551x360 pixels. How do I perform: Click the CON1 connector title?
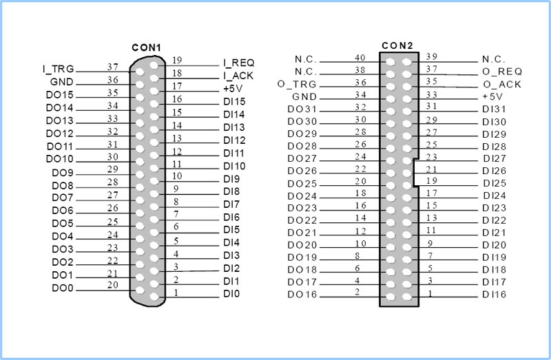(146, 47)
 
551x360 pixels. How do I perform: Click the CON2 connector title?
(397, 45)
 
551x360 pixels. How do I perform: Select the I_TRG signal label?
(59, 70)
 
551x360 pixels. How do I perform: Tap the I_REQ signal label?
(239, 63)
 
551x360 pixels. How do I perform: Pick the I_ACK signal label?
(238, 76)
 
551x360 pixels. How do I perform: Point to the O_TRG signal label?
(297, 85)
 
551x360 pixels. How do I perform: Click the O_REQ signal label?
(502, 72)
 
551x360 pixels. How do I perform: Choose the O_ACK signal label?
(502, 85)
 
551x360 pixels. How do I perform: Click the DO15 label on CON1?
(60, 95)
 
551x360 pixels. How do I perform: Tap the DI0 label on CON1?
(231, 294)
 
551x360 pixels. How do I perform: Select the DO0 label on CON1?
(63, 288)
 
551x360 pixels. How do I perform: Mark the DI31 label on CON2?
(494, 109)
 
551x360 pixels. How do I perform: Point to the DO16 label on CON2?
(302, 295)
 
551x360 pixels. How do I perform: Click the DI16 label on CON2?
(494, 295)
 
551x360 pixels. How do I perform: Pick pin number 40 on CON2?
(360, 58)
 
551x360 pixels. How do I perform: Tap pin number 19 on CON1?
(177, 61)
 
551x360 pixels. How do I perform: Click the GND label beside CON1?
(62, 82)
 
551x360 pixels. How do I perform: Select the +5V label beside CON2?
(492, 96)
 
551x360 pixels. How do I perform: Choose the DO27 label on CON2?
(302, 159)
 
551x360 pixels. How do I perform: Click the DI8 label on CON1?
(231, 191)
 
